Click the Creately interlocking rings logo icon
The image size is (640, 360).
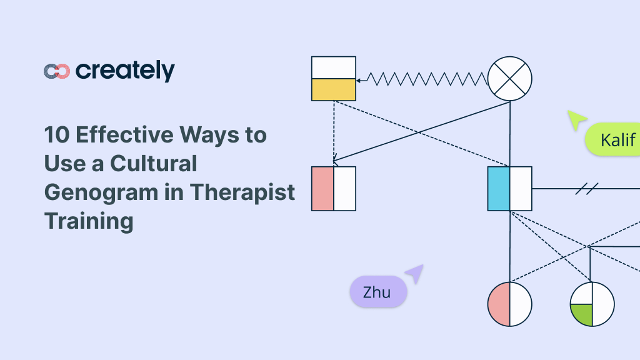tap(57, 71)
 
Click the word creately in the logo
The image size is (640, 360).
tap(125, 71)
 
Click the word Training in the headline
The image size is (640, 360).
tap(89, 221)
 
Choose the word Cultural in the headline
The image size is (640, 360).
tap(154, 164)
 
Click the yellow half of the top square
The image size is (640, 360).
tap(334, 90)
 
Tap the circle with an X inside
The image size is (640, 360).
tap(509, 79)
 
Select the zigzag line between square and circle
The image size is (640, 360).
tap(425, 79)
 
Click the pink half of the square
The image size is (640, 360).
tap(322, 188)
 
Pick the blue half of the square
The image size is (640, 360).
tap(499, 188)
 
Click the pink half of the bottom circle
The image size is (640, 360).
tap(499, 304)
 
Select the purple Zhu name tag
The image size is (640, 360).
tap(377, 292)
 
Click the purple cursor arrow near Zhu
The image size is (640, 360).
tap(415, 273)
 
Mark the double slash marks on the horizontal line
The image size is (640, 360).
tap(587, 188)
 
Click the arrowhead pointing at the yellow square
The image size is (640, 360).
tap(359, 80)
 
